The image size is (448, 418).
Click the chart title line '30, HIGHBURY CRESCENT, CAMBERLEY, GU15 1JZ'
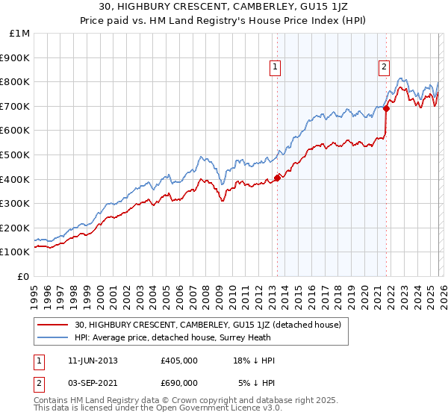tap(223, 8)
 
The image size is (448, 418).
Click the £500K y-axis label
tap(16, 155)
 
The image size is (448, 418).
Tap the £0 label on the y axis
tap(24, 276)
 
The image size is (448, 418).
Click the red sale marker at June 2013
tap(277, 178)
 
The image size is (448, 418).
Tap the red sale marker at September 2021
tap(386, 108)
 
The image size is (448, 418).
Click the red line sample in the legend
tap(53, 325)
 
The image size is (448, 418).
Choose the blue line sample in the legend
tap(53, 337)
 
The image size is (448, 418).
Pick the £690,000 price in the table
tap(179, 382)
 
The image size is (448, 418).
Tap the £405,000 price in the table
tap(179, 361)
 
